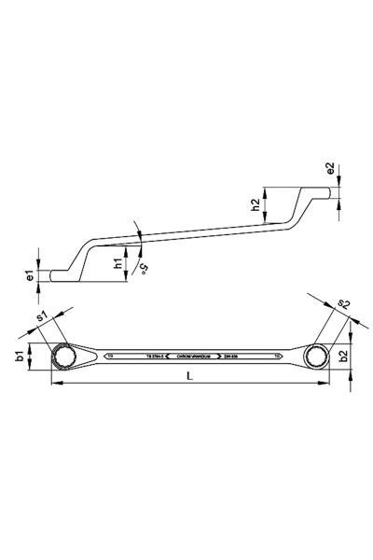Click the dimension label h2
256,207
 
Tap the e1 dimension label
30,275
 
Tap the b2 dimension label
342,355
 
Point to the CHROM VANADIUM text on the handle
191,356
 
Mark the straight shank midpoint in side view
186,233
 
